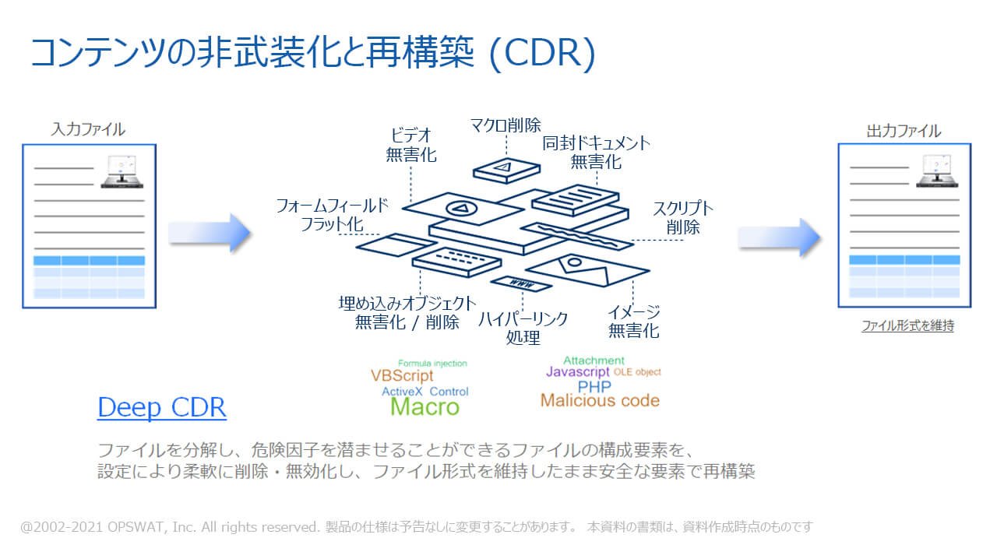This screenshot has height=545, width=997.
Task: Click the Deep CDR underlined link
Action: click(x=161, y=407)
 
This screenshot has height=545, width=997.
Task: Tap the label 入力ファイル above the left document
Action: click(x=88, y=129)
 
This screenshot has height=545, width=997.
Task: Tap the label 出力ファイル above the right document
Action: click(x=904, y=131)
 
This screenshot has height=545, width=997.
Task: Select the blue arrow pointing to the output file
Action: click(x=780, y=236)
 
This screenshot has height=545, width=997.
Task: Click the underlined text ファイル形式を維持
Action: click(x=907, y=326)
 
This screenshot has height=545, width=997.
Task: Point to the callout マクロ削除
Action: click(x=506, y=125)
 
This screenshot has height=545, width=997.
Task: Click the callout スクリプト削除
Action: click(x=682, y=217)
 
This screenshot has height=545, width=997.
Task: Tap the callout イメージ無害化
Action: click(x=633, y=322)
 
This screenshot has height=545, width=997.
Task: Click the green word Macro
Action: click(x=425, y=406)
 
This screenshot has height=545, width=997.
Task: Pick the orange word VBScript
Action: click(x=402, y=376)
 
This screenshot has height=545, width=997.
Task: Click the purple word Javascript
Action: click(x=577, y=372)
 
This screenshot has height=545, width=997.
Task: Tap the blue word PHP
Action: click(x=594, y=386)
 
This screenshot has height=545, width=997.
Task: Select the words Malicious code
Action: click(x=600, y=401)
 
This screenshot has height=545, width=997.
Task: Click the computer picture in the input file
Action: click(x=123, y=171)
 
